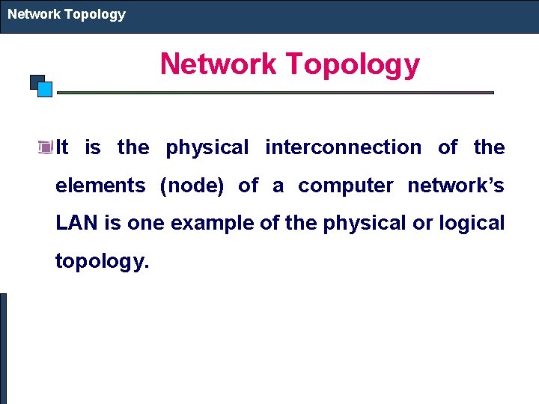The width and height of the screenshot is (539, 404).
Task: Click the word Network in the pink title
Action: point(218,64)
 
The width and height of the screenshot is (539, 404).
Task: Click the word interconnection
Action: point(343,147)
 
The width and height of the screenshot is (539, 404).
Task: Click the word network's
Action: point(456,186)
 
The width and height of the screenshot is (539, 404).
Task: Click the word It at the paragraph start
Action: point(62,147)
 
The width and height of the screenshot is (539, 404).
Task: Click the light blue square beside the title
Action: point(45,89)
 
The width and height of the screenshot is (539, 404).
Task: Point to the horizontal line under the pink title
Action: point(275,93)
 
